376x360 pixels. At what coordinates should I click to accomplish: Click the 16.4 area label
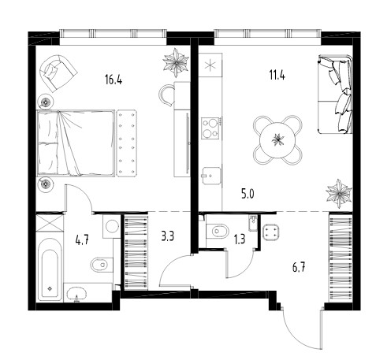[114, 79]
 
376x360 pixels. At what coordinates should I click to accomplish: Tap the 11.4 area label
[277, 75]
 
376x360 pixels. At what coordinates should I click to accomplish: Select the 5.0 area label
[248, 195]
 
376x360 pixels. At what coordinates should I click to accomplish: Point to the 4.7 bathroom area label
[83, 239]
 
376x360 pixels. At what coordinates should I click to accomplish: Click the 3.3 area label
[167, 236]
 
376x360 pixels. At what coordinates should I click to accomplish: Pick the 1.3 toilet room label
[240, 239]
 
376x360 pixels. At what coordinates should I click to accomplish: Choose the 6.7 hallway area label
[299, 268]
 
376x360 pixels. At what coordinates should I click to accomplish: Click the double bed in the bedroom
[76, 143]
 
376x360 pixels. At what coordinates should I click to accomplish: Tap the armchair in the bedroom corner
[58, 73]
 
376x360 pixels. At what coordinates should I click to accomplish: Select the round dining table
[277, 140]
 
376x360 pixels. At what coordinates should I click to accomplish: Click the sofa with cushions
[335, 94]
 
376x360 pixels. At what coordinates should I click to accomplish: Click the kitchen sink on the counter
[210, 176]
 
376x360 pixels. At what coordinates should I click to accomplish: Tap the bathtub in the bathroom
[50, 269]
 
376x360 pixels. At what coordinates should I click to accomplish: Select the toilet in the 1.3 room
[217, 232]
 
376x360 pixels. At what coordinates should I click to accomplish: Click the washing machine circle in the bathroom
[112, 226]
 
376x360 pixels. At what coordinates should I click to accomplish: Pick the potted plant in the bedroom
[176, 62]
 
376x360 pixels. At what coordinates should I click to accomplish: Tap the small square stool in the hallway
[271, 232]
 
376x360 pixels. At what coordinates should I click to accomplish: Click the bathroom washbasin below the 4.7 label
[76, 294]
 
